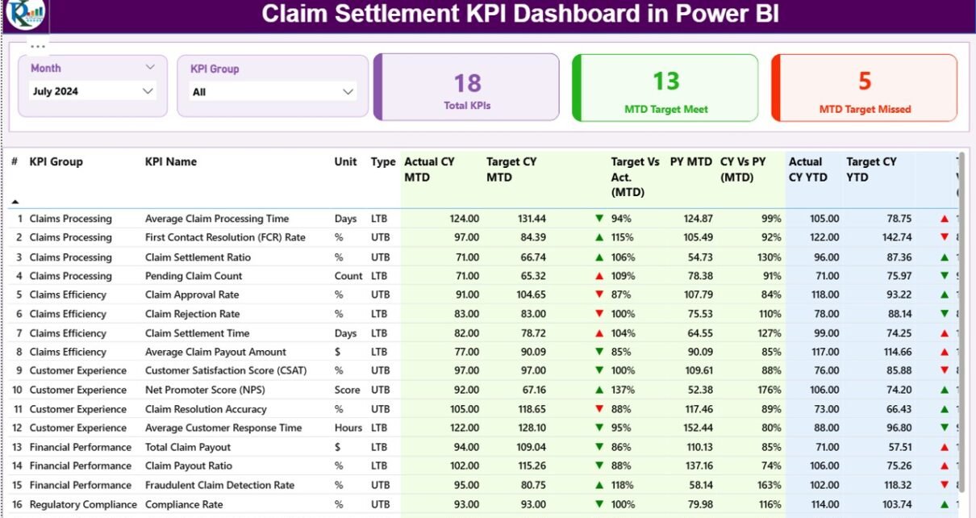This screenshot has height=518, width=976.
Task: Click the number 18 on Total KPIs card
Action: (467, 82)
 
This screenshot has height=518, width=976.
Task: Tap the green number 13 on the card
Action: (666, 81)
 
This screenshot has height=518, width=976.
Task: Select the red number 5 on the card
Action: (865, 81)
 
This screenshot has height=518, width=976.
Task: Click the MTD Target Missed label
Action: (865, 109)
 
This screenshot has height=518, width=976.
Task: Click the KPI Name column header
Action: (171, 161)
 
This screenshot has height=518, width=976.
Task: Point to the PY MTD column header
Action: (690, 161)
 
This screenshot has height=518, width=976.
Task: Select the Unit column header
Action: (345, 161)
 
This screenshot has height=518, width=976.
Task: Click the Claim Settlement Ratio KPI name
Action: (198, 257)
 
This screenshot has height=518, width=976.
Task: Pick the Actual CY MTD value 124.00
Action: (464, 219)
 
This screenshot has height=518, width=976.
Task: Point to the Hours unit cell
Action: (348, 428)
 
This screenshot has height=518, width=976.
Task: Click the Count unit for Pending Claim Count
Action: (348, 276)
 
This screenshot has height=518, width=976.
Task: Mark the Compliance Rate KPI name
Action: (184, 504)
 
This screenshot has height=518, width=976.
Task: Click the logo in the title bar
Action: (26, 14)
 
